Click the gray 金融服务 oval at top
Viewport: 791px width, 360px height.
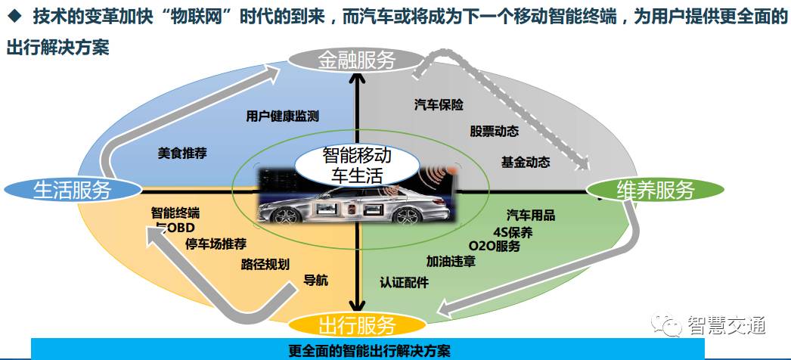tap(356, 60)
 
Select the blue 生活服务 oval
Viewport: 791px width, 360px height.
tap(73, 189)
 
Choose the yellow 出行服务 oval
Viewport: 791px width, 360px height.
tap(356, 326)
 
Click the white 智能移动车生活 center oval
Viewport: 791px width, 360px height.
tap(357, 166)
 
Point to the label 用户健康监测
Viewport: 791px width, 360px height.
tap(282, 116)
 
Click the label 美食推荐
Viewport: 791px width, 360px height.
tap(182, 152)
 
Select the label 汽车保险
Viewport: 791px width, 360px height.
tap(439, 104)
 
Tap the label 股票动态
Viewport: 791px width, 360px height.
tap(494, 131)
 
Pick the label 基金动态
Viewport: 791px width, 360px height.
tap(525, 162)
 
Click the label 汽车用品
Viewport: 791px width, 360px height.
tap(531, 216)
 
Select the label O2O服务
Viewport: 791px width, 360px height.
tap(495, 246)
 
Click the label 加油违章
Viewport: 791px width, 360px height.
tap(451, 262)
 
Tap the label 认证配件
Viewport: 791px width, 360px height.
tap(404, 282)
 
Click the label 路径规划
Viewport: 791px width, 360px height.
tap(265, 264)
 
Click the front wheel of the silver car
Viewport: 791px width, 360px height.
tap(288, 214)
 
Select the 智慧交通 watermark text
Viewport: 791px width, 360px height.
tap(727, 324)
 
